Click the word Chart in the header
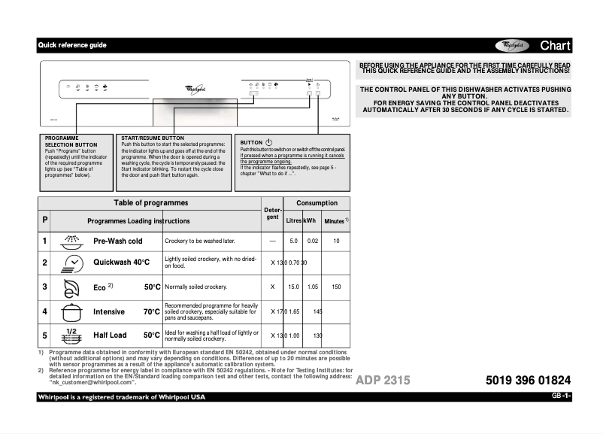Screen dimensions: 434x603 [x=555, y=45]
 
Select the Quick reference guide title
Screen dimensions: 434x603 [x=72, y=45]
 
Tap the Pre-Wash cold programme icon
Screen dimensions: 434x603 [x=72, y=241]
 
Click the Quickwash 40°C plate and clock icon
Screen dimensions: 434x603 [x=73, y=263]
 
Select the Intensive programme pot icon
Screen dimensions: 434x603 [x=72, y=311]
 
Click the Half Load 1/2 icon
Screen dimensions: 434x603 [x=72, y=335]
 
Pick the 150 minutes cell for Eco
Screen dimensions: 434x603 [x=336, y=287]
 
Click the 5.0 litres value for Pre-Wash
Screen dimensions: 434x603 [x=294, y=241]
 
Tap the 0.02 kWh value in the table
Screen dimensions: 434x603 [x=314, y=241]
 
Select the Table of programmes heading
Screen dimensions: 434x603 [x=150, y=203]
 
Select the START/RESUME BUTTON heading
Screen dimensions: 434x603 [x=153, y=138]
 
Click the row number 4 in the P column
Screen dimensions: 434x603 [x=44, y=311]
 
